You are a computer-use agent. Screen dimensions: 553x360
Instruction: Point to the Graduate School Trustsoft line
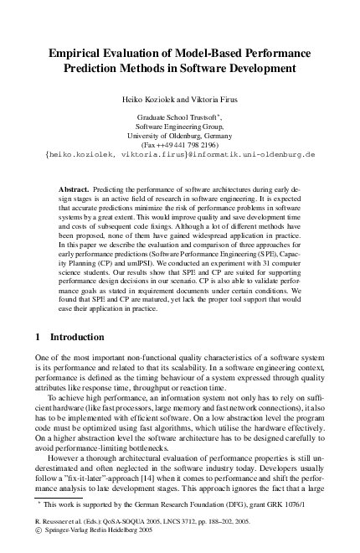click(x=180, y=116)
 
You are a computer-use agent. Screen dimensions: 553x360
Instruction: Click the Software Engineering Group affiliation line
click(x=180, y=126)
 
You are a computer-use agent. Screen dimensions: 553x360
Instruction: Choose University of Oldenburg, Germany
click(x=180, y=135)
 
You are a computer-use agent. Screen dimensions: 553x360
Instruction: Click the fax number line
click(x=180, y=144)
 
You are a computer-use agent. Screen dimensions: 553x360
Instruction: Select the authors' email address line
click(x=180, y=154)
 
